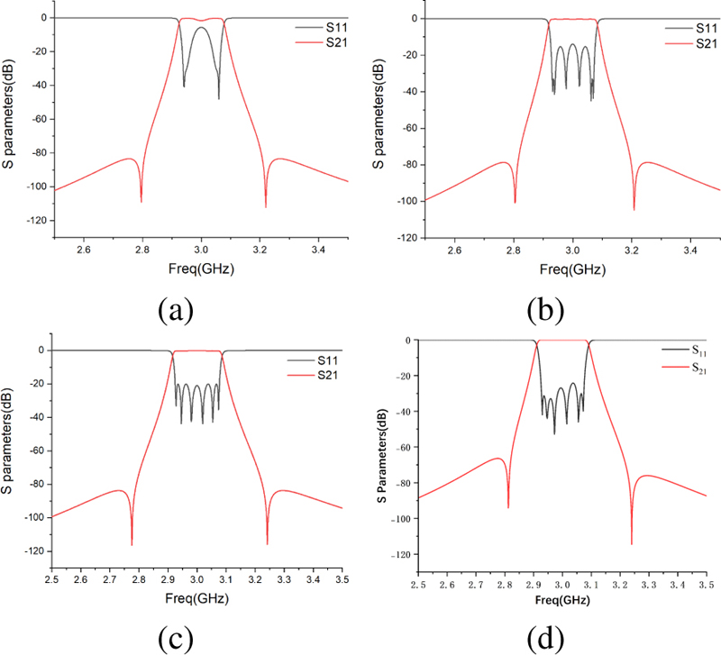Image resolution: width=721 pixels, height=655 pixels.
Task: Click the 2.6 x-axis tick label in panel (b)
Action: click(454, 249)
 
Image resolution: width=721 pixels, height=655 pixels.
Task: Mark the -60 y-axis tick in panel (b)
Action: click(407, 127)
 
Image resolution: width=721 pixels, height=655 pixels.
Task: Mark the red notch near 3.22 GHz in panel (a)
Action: click(266, 205)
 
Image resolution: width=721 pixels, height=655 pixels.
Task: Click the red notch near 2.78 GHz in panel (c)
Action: click(132, 542)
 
